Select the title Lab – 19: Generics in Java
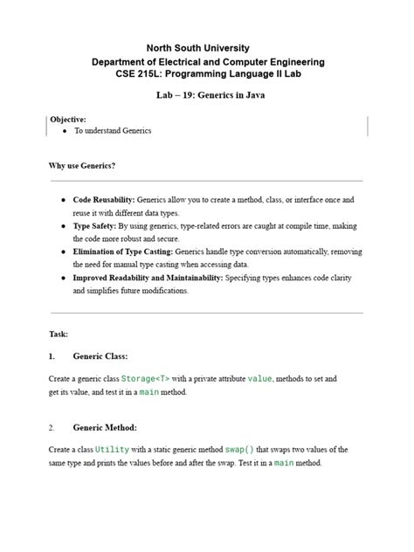pyautogui.click(x=206, y=101)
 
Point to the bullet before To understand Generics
pyautogui.click(x=66, y=130)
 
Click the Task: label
pyautogui.click(x=59, y=334)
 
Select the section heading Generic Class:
pyautogui.click(x=100, y=356)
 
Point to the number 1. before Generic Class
pyautogui.click(x=52, y=356)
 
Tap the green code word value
pyautogui.click(x=260, y=379)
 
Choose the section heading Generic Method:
pyautogui.click(x=105, y=427)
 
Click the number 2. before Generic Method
pyautogui.click(x=52, y=427)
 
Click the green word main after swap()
pyautogui.click(x=285, y=463)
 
